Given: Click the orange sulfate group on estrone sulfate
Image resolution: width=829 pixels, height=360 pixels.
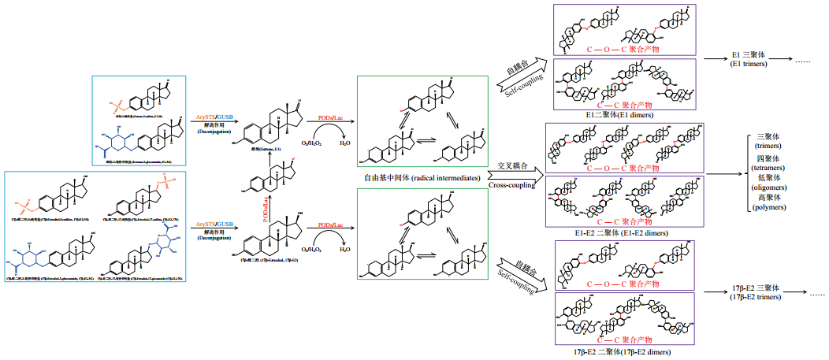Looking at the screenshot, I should (x=119, y=102).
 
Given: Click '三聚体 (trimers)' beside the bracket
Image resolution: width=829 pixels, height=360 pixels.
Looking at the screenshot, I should (x=769, y=142).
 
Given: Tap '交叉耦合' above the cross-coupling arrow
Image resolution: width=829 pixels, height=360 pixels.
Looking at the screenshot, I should (x=512, y=165).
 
